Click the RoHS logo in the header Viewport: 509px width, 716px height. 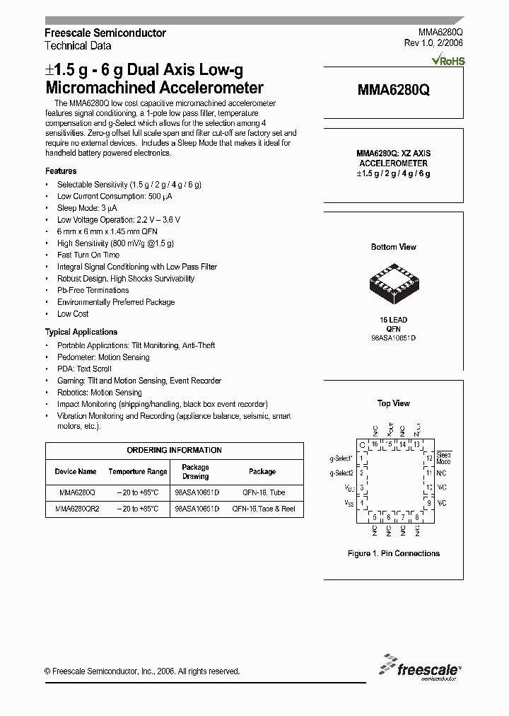(450, 62)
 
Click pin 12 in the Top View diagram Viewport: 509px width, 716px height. (428, 458)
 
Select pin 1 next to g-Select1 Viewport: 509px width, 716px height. (362, 458)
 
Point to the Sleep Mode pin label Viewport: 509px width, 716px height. (444, 458)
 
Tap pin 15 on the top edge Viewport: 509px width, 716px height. (389, 444)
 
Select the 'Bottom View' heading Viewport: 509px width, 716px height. (393, 247)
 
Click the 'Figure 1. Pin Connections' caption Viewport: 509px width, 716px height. (394, 553)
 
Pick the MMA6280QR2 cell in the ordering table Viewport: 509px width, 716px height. (77, 509)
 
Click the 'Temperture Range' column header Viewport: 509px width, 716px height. (138, 471)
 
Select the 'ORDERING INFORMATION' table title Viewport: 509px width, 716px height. (174, 450)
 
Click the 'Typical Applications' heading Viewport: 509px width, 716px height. (81, 332)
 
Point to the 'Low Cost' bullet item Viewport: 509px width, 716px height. (73, 314)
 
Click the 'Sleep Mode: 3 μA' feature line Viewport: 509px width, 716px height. (87, 208)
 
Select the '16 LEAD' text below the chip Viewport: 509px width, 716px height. (393, 321)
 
